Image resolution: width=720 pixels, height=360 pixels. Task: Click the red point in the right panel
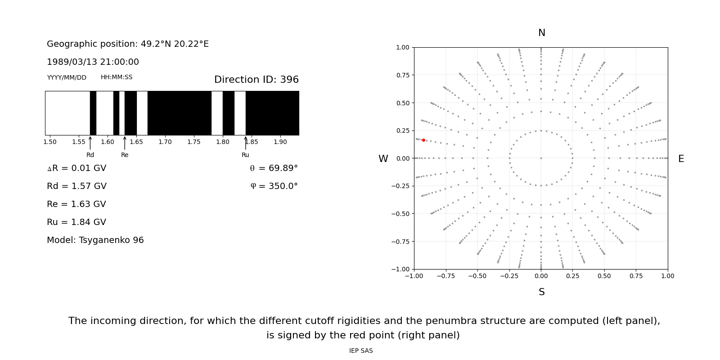423,140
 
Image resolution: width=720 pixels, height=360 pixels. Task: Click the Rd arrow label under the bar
90,155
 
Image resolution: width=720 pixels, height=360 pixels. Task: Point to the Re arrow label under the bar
125,155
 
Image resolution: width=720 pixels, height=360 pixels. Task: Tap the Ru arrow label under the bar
245,155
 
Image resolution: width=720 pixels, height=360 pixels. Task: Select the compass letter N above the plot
541,33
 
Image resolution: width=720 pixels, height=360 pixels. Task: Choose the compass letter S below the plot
541,292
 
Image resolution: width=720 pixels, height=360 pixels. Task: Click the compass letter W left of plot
383,159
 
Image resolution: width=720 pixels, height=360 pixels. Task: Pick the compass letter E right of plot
681,159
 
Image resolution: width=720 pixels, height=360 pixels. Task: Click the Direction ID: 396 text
256,80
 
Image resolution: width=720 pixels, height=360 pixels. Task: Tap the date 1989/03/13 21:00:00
93,62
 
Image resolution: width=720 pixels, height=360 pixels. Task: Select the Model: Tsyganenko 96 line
95,240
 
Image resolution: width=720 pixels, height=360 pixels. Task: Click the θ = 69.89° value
274,168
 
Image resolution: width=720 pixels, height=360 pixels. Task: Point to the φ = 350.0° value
274,186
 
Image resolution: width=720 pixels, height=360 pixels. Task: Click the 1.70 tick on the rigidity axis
165,142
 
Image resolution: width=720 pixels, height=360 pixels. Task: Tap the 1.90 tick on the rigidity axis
280,142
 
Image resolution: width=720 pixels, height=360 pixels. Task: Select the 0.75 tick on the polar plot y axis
402,75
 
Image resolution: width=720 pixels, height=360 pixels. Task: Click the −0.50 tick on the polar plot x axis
477,276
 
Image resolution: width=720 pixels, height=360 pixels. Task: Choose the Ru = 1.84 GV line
76,222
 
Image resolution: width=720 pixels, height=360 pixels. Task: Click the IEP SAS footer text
361,351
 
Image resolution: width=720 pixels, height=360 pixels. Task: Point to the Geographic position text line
128,44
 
